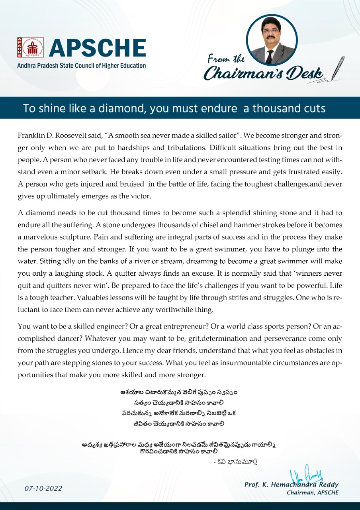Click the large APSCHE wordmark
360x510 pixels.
tap(97, 48)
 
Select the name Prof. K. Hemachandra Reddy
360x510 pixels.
tap(291, 485)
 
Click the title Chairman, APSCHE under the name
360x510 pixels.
tap(313, 493)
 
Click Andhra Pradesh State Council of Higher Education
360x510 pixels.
tap(81, 65)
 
